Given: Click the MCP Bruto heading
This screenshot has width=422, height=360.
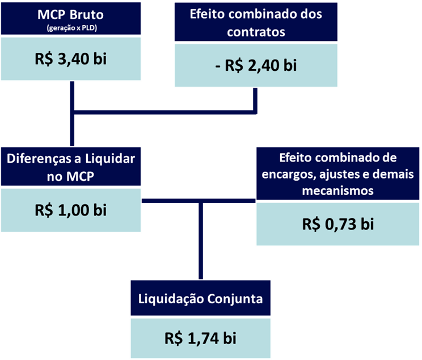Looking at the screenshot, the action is pyautogui.click(x=70, y=15).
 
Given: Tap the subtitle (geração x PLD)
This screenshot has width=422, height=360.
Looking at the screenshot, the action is pyautogui.click(x=72, y=28).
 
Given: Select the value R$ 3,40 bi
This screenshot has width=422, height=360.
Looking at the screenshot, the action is pyautogui.click(x=70, y=59).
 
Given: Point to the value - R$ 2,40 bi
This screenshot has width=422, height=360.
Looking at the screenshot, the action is pyautogui.click(x=256, y=65).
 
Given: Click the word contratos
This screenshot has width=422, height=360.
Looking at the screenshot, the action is pyautogui.click(x=256, y=32).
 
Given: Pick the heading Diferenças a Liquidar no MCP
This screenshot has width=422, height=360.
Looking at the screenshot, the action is pyautogui.click(x=71, y=167).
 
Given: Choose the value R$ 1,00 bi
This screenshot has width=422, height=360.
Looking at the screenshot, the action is pyautogui.click(x=70, y=210).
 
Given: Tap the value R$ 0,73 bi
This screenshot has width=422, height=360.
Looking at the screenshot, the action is pyautogui.click(x=338, y=224).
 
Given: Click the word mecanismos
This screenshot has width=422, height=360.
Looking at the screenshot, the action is pyautogui.click(x=337, y=190).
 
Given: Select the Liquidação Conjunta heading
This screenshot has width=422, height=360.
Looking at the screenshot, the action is pyautogui.click(x=200, y=299).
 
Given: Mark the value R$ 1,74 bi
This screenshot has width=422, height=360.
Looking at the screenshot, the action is pyautogui.click(x=200, y=338).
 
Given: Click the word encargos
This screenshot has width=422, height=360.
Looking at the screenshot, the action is pyautogui.click(x=289, y=175).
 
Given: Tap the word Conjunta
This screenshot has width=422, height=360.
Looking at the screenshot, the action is pyautogui.click(x=235, y=299).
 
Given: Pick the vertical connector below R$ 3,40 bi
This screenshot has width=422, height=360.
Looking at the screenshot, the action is pyautogui.click(x=72, y=113).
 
